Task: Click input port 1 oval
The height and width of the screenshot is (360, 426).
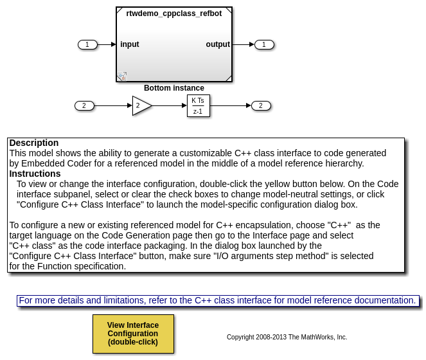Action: point(87,44)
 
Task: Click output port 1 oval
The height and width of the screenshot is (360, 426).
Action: point(263,44)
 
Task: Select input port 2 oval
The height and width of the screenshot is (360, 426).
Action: point(84,105)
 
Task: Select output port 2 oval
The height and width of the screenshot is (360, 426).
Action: point(260,105)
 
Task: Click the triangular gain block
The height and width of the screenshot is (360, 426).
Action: point(141,105)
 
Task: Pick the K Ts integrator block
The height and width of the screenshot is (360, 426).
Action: point(198,105)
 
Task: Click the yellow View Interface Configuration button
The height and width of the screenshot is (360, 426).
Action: point(133,334)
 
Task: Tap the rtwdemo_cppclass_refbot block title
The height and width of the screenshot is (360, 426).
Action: point(173,14)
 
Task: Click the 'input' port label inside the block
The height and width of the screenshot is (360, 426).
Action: point(129,44)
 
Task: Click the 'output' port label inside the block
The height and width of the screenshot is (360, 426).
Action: point(217,44)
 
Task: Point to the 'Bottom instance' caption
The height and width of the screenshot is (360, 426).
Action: point(173,88)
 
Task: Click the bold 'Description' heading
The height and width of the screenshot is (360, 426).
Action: point(34,143)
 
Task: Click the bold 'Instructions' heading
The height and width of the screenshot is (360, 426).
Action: point(35,174)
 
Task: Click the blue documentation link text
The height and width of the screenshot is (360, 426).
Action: point(217,300)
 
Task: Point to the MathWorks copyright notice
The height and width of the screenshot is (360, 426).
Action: point(287,337)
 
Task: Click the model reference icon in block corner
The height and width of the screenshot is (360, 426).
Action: point(121,76)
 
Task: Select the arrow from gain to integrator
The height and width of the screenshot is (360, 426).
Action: point(170,105)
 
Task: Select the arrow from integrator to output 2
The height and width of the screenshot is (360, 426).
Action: point(230,105)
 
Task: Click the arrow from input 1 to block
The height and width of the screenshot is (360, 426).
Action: point(107,44)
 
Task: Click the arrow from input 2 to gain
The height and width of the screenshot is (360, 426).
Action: point(113,105)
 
